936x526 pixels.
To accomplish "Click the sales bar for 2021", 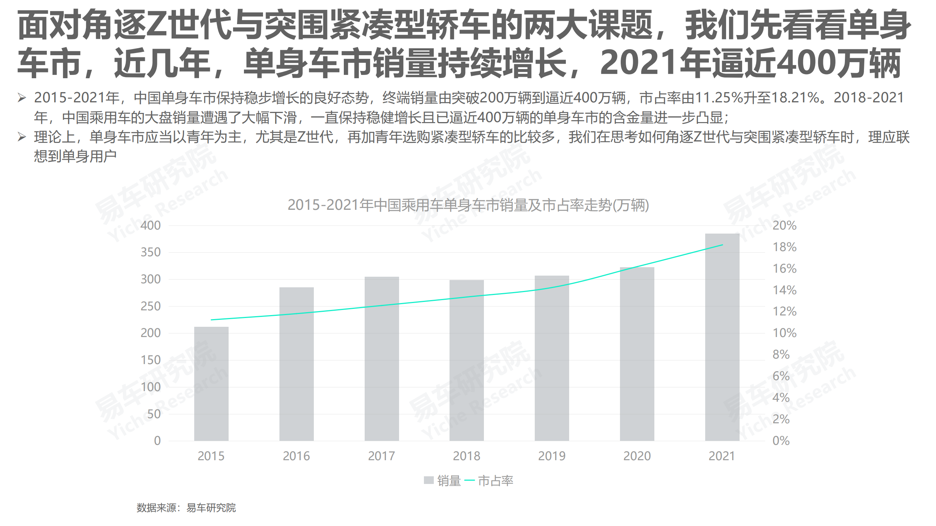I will (722, 337).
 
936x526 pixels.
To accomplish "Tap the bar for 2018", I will (466, 360).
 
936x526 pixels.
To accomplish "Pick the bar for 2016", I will (296, 364).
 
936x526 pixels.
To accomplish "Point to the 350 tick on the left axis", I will (151, 252).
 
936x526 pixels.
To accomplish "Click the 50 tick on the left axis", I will (154, 414).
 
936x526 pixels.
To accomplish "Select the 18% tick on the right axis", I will (784, 247).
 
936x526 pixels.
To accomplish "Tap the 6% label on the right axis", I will (781, 376).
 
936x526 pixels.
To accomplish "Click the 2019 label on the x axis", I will (552, 456).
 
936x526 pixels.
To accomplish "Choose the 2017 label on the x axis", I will (381, 456).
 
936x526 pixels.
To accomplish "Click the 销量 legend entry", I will (443, 480).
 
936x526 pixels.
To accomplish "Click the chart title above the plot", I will (468, 205).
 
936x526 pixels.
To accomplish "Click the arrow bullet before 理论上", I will (22, 137).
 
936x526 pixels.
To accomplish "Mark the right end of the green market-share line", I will (722, 245).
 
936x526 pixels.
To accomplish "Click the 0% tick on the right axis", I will (781, 440).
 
